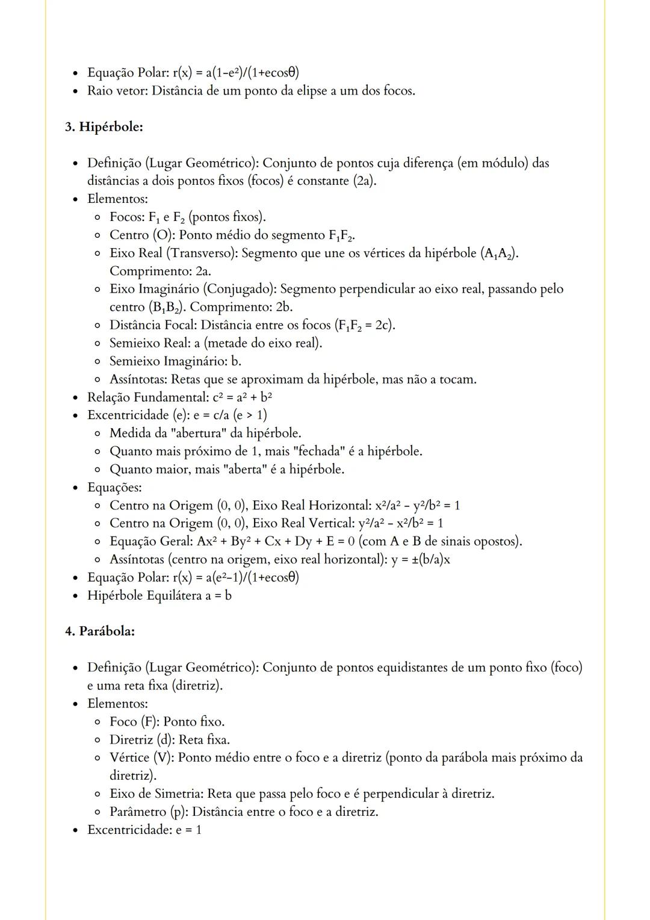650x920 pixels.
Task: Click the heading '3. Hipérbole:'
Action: click(x=104, y=127)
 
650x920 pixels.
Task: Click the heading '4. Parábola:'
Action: click(x=100, y=631)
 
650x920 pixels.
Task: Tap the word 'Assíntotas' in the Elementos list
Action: click(x=138, y=379)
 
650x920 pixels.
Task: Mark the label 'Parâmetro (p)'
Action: click(x=147, y=812)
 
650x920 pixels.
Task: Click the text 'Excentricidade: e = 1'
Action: click(x=144, y=830)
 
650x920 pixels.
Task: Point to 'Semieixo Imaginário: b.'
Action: click(x=175, y=361)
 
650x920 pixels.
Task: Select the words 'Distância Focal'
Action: click(x=152, y=325)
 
